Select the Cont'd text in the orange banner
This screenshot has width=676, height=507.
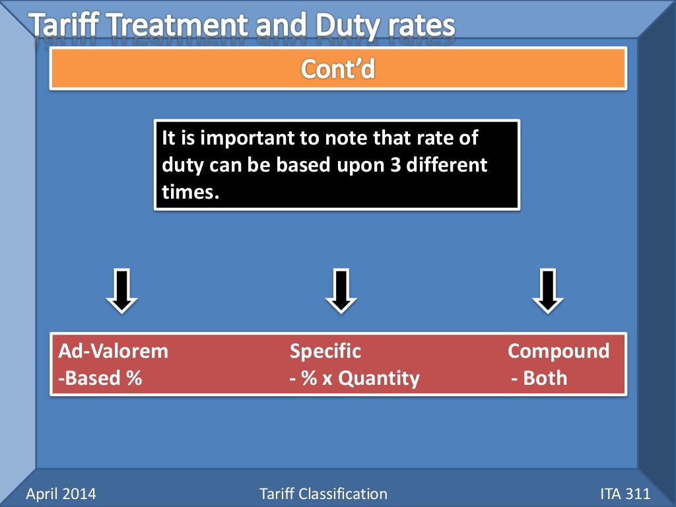coord(338,68)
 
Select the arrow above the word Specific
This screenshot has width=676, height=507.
coord(341,290)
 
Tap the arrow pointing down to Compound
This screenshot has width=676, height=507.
coord(548,290)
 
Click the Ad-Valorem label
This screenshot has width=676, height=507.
coord(113,351)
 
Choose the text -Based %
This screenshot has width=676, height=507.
coord(100,378)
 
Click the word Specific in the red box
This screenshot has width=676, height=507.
coord(325,351)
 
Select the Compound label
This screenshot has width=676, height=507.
coord(558,351)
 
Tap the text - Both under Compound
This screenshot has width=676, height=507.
coord(539,378)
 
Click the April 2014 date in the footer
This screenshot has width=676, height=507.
coord(61,493)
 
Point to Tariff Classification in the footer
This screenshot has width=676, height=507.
coord(323,493)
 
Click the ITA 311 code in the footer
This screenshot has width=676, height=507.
coord(625,493)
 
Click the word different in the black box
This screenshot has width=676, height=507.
coord(446,165)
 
